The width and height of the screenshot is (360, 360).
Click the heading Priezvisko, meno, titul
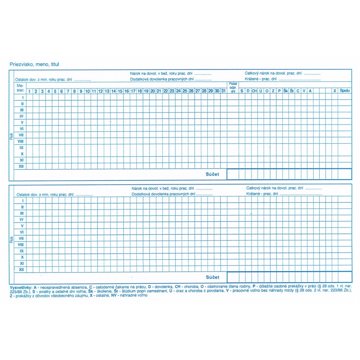(x=35, y=64)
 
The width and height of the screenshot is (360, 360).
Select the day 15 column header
(x=120, y=91)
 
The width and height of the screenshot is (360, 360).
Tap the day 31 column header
(x=223, y=91)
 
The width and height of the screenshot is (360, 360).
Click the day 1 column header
(x=29, y=91)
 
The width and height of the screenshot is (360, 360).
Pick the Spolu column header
(x=345, y=91)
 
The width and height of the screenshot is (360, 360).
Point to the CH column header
(x=254, y=91)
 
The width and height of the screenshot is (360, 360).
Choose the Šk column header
(x=285, y=91)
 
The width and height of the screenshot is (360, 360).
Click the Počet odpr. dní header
(x=233, y=88)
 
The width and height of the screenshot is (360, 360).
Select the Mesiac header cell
(x=20, y=88)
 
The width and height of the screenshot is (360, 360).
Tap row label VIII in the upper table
(x=21, y=141)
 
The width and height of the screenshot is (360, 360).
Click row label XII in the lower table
(x=22, y=270)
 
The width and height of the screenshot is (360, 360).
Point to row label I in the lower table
(x=22, y=201)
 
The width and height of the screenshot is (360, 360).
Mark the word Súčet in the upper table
(x=212, y=174)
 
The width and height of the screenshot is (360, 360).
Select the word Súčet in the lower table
(x=212, y=277)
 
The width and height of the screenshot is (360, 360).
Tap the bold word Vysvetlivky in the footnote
(x=21, y=287)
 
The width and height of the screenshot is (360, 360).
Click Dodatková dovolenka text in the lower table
(x=163, y=194)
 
